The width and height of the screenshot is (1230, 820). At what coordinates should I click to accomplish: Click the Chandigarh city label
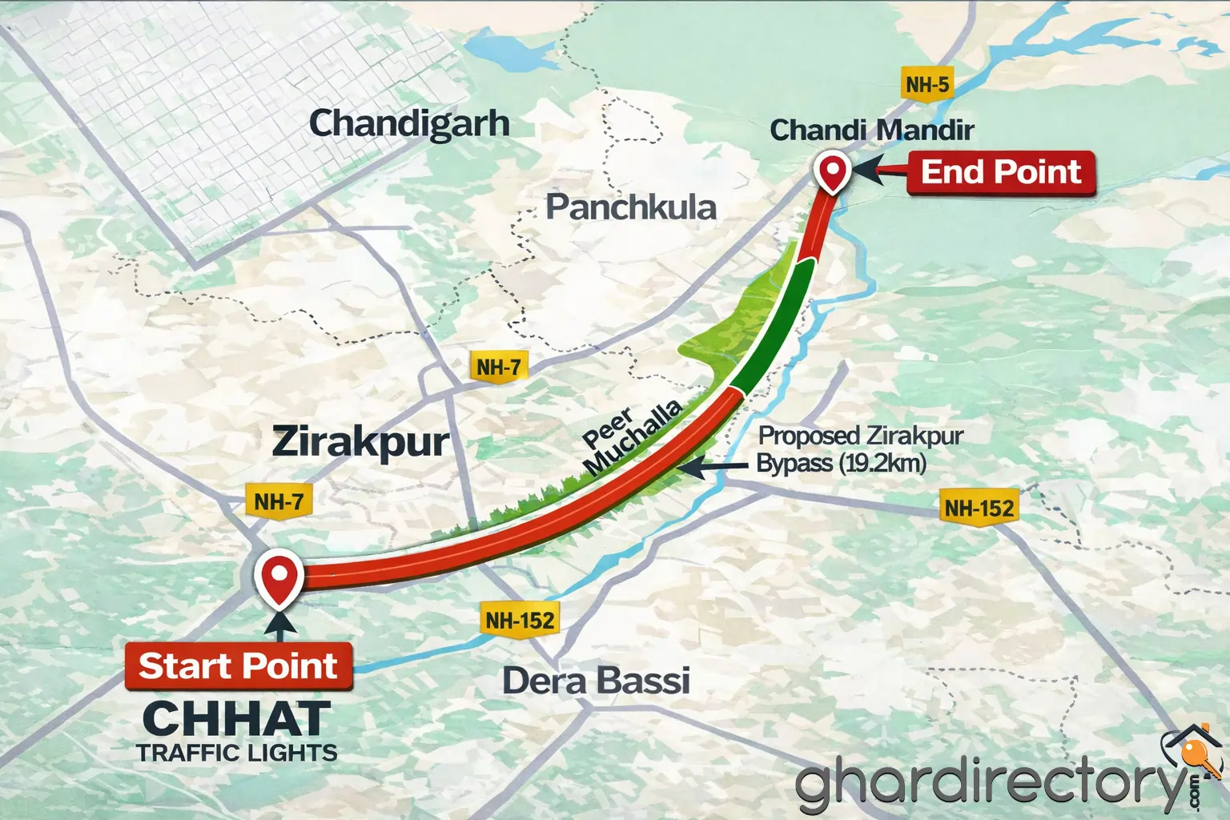point(409,124)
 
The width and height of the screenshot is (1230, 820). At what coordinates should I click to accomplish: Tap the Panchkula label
point(631,207)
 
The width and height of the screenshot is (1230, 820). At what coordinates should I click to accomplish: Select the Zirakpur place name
point(360,442)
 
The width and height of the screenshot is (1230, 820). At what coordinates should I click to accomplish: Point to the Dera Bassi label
point(596,681)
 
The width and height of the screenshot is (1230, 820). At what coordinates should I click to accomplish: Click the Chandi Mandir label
point(871,130)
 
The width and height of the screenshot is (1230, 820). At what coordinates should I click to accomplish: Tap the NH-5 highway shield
point(927,84)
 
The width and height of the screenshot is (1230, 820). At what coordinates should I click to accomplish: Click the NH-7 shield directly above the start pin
point(279,502)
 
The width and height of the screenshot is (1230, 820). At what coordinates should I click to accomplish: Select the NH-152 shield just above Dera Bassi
point(520,620)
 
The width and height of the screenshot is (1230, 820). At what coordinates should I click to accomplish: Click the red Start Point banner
point(239,666)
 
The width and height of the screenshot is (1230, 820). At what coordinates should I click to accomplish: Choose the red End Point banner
point(1001,172)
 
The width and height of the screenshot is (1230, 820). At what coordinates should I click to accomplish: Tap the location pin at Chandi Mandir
point(832,172)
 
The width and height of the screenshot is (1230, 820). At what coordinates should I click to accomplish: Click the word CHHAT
point(237,718)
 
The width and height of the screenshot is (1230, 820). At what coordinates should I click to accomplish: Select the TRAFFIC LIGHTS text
point(237,754)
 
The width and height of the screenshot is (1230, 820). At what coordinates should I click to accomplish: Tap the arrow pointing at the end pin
point(877,171)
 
